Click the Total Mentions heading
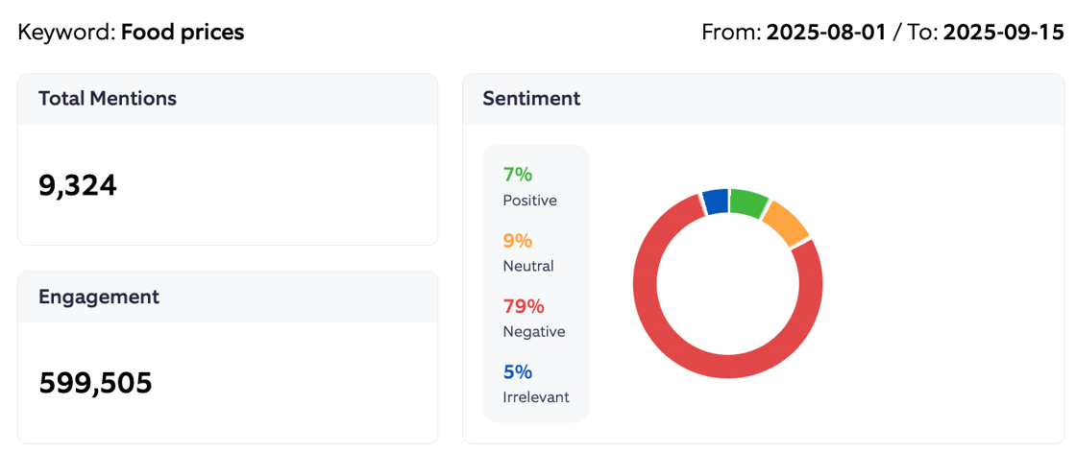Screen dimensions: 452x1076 pos(107,98)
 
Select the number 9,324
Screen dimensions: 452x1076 pos(78,185)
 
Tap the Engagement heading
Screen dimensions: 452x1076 pos(99,297)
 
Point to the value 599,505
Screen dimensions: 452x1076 pos(95,383)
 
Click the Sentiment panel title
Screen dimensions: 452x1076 pos(531,98)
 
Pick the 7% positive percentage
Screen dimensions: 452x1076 pos(518,175)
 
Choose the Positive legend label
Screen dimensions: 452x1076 pos(529,201)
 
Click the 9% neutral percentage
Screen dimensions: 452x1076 pos(518,241)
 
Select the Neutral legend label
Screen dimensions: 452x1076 pos(528,266)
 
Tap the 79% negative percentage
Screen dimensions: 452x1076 pos(524,306)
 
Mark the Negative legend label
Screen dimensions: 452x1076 pos(534,331)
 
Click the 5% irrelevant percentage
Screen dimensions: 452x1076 pos(518,371)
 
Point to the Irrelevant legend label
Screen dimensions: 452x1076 pos(536,396)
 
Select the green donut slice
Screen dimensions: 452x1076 pos(748,202)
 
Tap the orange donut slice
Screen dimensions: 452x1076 pos(785,223)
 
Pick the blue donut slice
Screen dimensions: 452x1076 pos(716,202)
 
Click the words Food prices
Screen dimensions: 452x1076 pos(183,33)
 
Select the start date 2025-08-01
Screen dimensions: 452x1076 pos(826,33)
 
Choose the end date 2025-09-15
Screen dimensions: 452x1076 pos(1003,33)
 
